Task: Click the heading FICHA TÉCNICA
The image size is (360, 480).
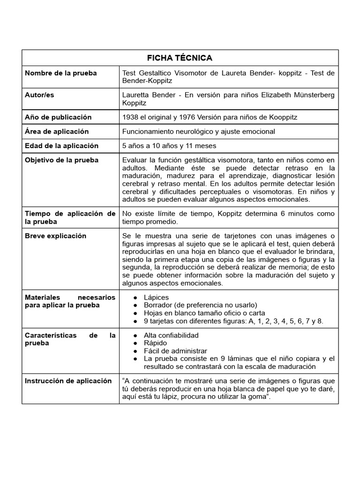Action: [180, 58]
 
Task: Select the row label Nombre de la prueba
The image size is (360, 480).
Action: [61, 73]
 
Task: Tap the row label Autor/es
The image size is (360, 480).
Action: [39, 95]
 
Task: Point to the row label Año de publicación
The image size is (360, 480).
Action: [58, 117]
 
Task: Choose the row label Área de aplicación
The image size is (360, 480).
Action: [57, 131]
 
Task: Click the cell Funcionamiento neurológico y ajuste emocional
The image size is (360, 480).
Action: [199, 132]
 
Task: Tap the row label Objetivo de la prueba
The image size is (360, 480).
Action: [61, 160]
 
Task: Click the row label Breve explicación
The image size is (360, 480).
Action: [55, 236]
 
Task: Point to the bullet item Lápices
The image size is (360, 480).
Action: [157, 298]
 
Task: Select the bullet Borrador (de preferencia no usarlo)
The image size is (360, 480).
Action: [194, 305]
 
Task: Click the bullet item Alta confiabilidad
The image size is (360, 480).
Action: [172, 336]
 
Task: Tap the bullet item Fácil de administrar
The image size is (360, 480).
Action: [176, 351]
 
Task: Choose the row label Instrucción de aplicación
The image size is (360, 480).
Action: [68, 381]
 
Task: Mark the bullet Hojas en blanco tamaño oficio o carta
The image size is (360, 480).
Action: [204, 313]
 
